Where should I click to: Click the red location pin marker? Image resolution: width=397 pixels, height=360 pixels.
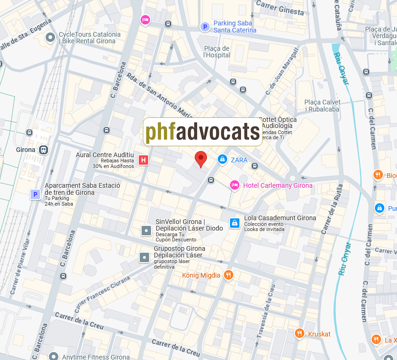coord(201,159)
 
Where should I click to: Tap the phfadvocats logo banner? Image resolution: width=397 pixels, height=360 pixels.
coord(203,132)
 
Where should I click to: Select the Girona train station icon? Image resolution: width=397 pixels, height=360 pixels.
coord(44,150)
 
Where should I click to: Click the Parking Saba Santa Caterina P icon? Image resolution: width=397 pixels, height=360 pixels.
coord(205,27)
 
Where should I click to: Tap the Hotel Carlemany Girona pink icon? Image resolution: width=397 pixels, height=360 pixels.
coord(235,185)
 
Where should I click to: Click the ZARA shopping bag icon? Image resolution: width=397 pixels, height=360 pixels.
coord(222,160)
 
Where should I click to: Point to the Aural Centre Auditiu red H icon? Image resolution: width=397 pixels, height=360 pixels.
coord(144,160)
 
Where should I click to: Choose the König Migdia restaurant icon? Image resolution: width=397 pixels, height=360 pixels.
coord(229,275)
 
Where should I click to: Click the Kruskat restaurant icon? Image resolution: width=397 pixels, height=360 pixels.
coord(300,334)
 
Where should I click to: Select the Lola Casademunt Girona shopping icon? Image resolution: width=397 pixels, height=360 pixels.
coord(234,223)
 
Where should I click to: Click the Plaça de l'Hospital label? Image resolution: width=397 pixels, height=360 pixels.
coord(217,52)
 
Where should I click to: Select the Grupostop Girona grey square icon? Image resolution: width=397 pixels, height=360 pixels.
coord(144,257)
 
